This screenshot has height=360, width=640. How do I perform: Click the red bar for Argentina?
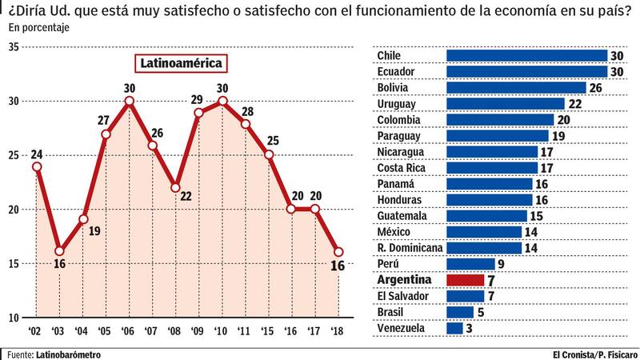pyautogui.click(x=465, y=280)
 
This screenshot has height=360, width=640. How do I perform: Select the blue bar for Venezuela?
pyautogui.click(x=454, y=328)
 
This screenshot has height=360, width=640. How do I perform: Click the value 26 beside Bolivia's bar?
pyautogui.click(x=594, y=87)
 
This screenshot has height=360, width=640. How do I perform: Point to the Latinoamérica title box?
pyautogui.click(x=180, y=62)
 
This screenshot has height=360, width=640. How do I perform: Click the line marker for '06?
pyautogui.click(x=129, y=102)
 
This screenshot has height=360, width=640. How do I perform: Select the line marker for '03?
pyautogui.click(x=59, y=251)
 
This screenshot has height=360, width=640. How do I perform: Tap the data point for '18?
pyautogui.click(x=338, y=251)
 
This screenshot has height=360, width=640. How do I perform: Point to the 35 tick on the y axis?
pyautogui.click(x=14, y=47)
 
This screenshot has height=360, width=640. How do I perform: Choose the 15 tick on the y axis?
pyautogui.click(x=14, y=263)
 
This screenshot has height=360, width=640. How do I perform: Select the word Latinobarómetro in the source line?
pyautogui.click(x=69, y=353)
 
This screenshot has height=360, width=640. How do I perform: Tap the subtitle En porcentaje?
pyautogui.click(x=39, y=28)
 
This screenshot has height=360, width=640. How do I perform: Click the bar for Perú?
pyautogui.click(x=470, y=264)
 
